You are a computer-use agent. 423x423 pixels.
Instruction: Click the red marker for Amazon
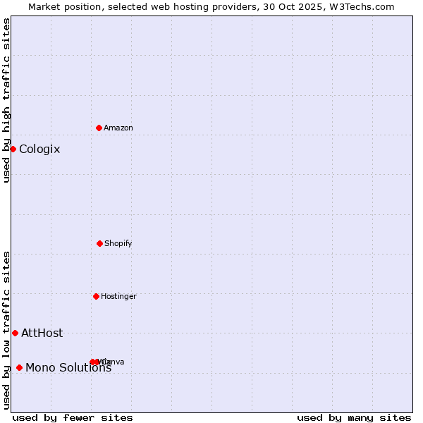click(x=99, y=128)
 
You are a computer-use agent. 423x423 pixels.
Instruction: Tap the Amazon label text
click(x=118, y=128)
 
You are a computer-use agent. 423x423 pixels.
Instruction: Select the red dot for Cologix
click(x=13, y=149)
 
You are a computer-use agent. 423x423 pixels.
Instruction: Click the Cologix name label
click(x=39, y=149)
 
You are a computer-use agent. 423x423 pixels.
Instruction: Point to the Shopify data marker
click(x=99, y=243)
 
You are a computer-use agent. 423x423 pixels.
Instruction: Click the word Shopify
click(x=118, y=244)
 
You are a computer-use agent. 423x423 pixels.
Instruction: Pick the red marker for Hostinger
click(x=96, y=296)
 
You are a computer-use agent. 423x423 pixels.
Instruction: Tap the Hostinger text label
click(x=118, y=297)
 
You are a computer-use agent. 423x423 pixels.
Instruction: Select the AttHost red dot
click(x=15, y=333)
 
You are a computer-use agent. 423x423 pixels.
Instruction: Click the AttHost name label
click(x=42, y=333)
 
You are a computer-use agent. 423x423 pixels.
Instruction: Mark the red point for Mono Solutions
click(x=19, y=367)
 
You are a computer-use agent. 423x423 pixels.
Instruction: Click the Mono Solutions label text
click(x=68, y=367)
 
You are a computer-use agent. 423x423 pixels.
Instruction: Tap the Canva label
click(x=115, y=362)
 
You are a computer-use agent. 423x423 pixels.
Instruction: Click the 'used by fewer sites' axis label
click(x=73, y=418)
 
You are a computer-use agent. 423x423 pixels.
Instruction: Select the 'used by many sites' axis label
click(x=354, y=418)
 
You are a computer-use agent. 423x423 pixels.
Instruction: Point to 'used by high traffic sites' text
click(x=7, y=100)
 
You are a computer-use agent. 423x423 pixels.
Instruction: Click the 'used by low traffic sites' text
click(x=7, y=330)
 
